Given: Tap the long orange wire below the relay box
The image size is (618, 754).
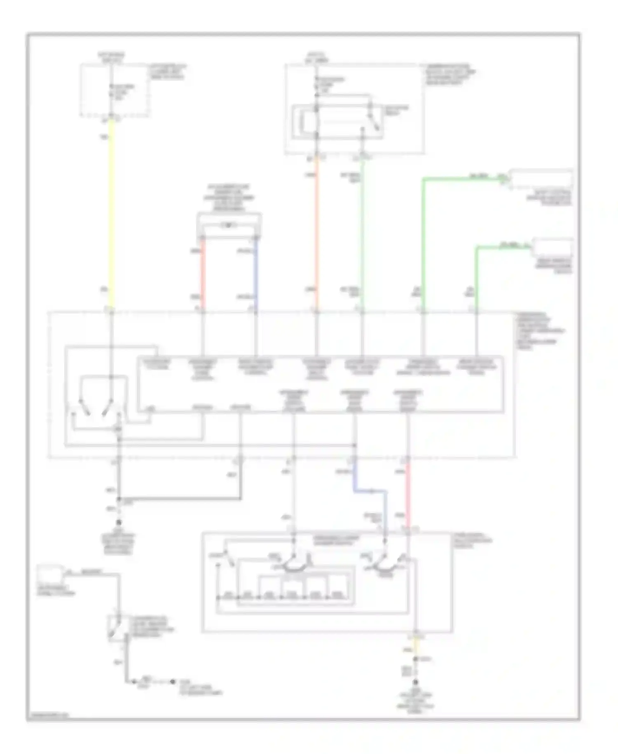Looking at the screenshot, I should [316, 231].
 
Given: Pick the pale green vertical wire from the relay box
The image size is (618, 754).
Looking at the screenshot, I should [362, 231].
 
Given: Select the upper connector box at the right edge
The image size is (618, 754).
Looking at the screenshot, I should [541, 179].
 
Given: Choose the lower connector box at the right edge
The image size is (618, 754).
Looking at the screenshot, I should [553, 247].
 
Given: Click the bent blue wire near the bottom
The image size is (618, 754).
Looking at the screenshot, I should [371, 491].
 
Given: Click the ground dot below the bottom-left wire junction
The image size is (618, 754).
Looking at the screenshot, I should [119, 521].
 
